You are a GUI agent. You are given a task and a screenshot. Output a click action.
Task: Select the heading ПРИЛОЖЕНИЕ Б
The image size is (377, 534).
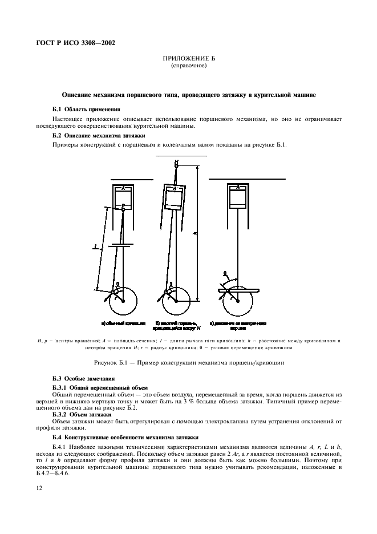click(x=188, y=59)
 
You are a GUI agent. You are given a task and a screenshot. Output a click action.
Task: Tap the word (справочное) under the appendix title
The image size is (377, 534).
click(x=188, y=66)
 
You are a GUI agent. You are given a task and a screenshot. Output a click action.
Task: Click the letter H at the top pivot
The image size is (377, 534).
click(x=176, y=161)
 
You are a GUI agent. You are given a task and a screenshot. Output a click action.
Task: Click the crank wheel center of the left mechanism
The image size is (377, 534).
click(x=124, y=301)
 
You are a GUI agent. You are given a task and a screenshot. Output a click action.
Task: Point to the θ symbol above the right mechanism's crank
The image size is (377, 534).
click(x=224, y=274)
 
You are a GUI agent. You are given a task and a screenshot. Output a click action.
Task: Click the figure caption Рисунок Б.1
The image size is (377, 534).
click(x=188, y=363)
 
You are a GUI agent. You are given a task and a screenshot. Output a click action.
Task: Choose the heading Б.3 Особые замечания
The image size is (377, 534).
click(x=84, y=378)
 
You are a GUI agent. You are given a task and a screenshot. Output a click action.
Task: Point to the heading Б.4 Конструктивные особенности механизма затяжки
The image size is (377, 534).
click(x=125, y=436)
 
